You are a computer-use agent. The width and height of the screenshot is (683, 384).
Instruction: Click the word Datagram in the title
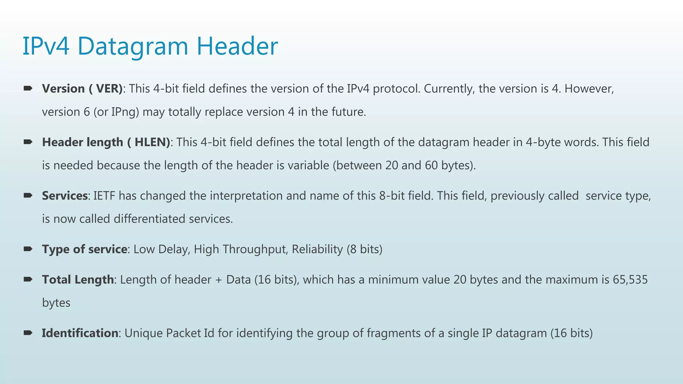pyautogui.click(x=133, y=47)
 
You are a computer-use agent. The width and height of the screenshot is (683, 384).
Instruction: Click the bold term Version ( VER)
pyautogui.click(x=82, y=89)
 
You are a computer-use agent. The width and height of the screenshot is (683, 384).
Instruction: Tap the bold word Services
pyautogui.click(x=65, y=196)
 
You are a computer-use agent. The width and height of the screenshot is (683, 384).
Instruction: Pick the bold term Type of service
pyautogui.click(x=84, y=249)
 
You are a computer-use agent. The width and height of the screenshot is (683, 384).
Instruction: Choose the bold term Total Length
pyautogui.click(x=78, y=280)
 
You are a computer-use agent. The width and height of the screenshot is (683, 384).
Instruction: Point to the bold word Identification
pyautogui.click(x=80, y=333)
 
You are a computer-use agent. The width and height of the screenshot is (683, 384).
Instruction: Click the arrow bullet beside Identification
pyautogui.click(x=28, y=333)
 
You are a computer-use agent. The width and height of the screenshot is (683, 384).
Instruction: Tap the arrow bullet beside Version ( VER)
pyautogui.click(x=28, y=88)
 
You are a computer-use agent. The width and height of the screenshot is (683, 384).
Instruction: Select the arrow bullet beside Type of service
pyautogui.click(x=28, y=249)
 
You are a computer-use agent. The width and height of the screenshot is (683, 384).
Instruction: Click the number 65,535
pyautogui.click(x=630, y=280)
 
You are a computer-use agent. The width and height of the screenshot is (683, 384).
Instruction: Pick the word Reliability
pyautogui.click(x=317, y=249)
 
